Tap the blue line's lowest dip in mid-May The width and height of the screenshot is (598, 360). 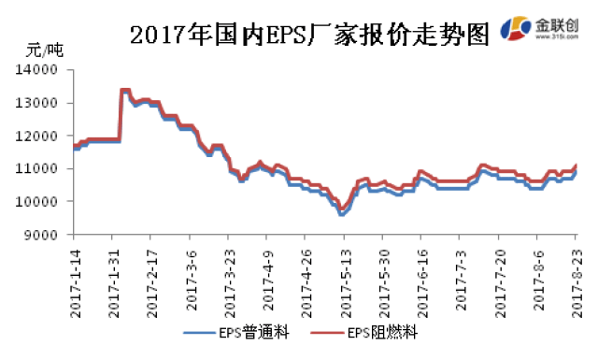pyautogui.click(x=342, y=214)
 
